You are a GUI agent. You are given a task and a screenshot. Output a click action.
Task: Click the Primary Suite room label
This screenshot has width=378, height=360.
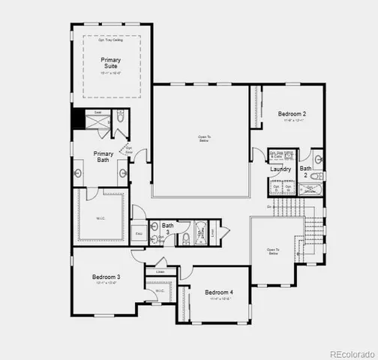point(111,63)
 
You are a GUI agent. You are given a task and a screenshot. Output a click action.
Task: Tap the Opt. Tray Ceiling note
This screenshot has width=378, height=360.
point(110,40)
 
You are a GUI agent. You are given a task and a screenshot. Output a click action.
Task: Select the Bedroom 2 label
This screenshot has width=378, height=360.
point(292,114)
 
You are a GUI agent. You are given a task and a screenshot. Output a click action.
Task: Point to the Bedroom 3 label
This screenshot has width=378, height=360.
point(106,277)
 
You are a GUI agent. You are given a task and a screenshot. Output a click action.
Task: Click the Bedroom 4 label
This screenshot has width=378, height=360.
point(219,292)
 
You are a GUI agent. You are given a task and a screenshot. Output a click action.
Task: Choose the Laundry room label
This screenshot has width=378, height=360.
point(280,169)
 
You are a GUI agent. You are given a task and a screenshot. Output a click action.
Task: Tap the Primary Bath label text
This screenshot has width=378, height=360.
point(103,157)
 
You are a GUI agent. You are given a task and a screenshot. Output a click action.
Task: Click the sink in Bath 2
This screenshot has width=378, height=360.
point(318,159)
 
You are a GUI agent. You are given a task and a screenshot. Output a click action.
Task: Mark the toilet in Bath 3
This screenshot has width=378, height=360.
point(154,238)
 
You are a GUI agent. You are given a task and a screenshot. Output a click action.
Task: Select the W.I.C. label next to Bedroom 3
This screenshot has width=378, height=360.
point(160,291)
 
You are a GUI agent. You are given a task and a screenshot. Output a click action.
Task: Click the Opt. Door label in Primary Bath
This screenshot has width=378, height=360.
point(129,149)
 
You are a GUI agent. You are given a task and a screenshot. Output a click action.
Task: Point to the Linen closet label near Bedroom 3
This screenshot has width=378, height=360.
point(160,271)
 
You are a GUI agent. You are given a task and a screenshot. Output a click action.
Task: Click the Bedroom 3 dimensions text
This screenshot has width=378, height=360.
point(106,283)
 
